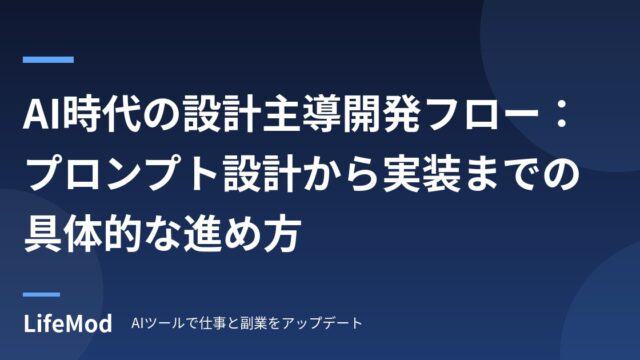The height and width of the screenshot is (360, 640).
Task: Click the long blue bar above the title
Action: coord(48,60)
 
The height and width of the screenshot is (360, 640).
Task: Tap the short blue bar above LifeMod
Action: coord(41,294)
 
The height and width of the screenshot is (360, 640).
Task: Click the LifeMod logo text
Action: coord(68,324)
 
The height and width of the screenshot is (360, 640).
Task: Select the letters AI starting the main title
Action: coord(42,116)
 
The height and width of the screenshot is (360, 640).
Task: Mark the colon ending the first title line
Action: coord(562,116)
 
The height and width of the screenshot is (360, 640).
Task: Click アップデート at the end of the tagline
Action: coord(322,324)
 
